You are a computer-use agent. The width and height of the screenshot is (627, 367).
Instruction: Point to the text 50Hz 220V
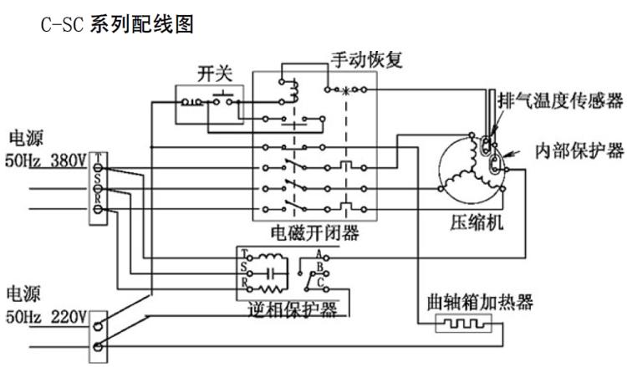pos(46,318)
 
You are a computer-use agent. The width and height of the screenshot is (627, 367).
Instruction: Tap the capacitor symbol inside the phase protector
pos(270,272)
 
